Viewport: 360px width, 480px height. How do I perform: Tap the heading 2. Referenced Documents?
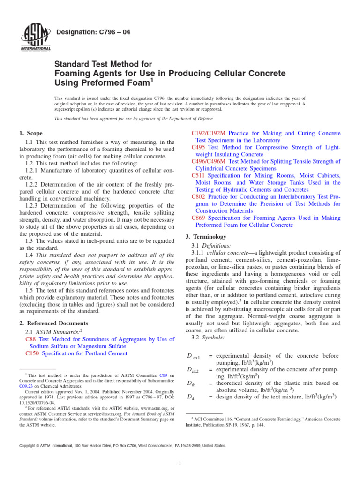pos(53,323)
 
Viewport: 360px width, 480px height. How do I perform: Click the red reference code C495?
pos(199,148)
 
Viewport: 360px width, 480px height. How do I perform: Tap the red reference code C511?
pos(199,175)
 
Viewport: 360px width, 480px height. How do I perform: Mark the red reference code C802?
pos(199,197)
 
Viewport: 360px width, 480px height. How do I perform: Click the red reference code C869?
pos(199,218)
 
